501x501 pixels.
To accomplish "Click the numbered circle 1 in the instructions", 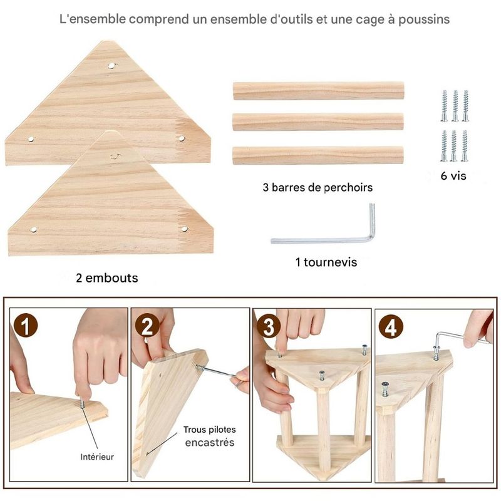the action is coord(26,326).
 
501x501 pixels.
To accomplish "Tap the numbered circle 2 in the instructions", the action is coord(147,326).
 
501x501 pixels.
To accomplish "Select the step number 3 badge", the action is coord(269,326).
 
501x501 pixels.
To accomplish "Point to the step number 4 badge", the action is coord(391,328).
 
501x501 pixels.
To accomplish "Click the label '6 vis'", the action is coord(453,176).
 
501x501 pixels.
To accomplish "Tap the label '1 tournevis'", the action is coord(326,262).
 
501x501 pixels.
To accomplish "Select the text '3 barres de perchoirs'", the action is coord(318,187).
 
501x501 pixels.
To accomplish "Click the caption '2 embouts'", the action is coord(107,278).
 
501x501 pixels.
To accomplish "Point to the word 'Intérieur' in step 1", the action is coord(97,457).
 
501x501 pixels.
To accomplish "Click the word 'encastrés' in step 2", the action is coord(210,443).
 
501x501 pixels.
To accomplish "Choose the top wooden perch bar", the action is coord(318,91).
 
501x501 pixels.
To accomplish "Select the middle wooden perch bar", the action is coord(318,121).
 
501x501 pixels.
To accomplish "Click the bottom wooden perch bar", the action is coord(318,155).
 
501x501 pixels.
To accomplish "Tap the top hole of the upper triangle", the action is coord(111,66).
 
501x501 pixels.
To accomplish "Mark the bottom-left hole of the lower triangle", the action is coord(34,229).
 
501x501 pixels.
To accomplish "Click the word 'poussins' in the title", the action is coord(424,19).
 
